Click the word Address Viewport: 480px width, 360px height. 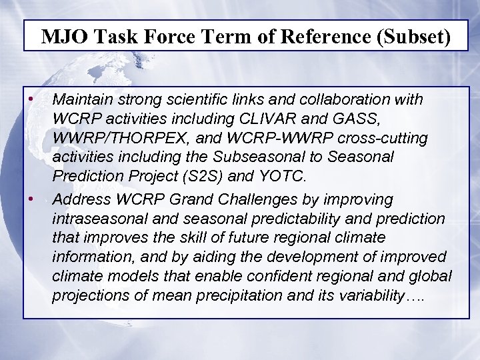[x=80, y=199]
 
